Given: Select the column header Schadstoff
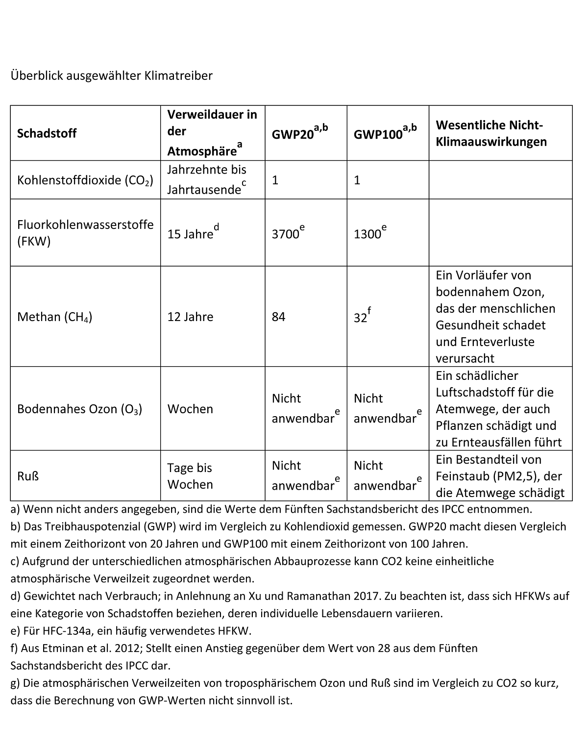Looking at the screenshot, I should tap(47, 133).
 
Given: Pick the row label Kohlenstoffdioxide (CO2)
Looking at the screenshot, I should tap(85, 180).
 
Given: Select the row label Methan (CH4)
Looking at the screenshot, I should tap(55, 317).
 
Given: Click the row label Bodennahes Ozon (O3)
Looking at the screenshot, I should tap(79, 409).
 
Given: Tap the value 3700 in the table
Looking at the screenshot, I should tap(286, 234).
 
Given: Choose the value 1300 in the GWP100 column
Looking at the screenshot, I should tap(367, 234).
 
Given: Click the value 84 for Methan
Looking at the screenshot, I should tap(278, 317).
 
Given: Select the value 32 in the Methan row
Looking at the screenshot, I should tap(361, 318).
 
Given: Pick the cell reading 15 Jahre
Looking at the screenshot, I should tap(191, 234).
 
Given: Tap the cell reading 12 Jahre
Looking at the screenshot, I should tap(190, 317).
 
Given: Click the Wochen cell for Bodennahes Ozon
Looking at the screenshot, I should tap(190, 409).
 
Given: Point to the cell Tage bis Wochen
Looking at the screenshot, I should tap(190, 476).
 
